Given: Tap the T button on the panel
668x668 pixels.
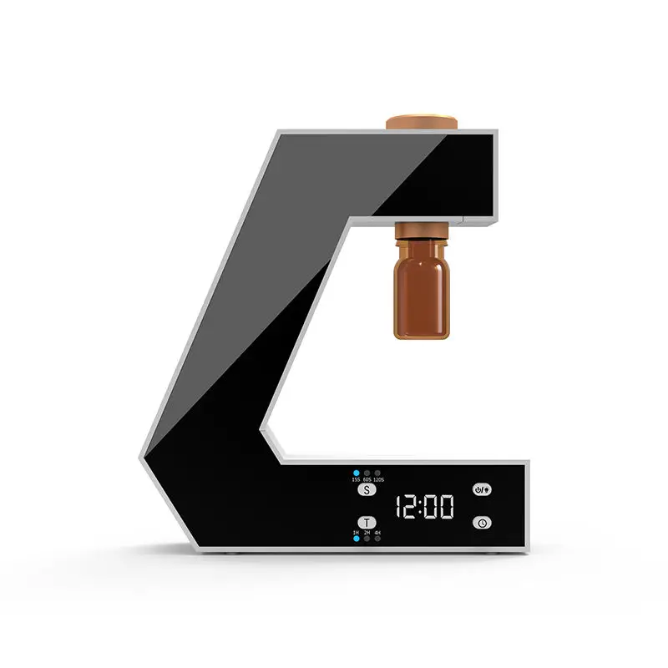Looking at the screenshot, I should coord(367,523).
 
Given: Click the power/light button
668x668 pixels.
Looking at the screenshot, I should coord(482,490).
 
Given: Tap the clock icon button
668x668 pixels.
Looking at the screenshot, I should coord(482,523).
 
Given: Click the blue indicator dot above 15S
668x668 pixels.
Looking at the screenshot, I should coord(357,473).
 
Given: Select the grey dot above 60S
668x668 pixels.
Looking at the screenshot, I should coord(367,473).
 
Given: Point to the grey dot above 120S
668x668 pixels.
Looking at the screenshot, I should coord(377,473).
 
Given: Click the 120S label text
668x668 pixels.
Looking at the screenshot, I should coord(379,479).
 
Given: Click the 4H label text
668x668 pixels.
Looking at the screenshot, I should coord(377,533).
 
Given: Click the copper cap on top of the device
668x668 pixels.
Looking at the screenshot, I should coord(422,122).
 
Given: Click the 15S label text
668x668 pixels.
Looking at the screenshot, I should coord(356,479).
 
